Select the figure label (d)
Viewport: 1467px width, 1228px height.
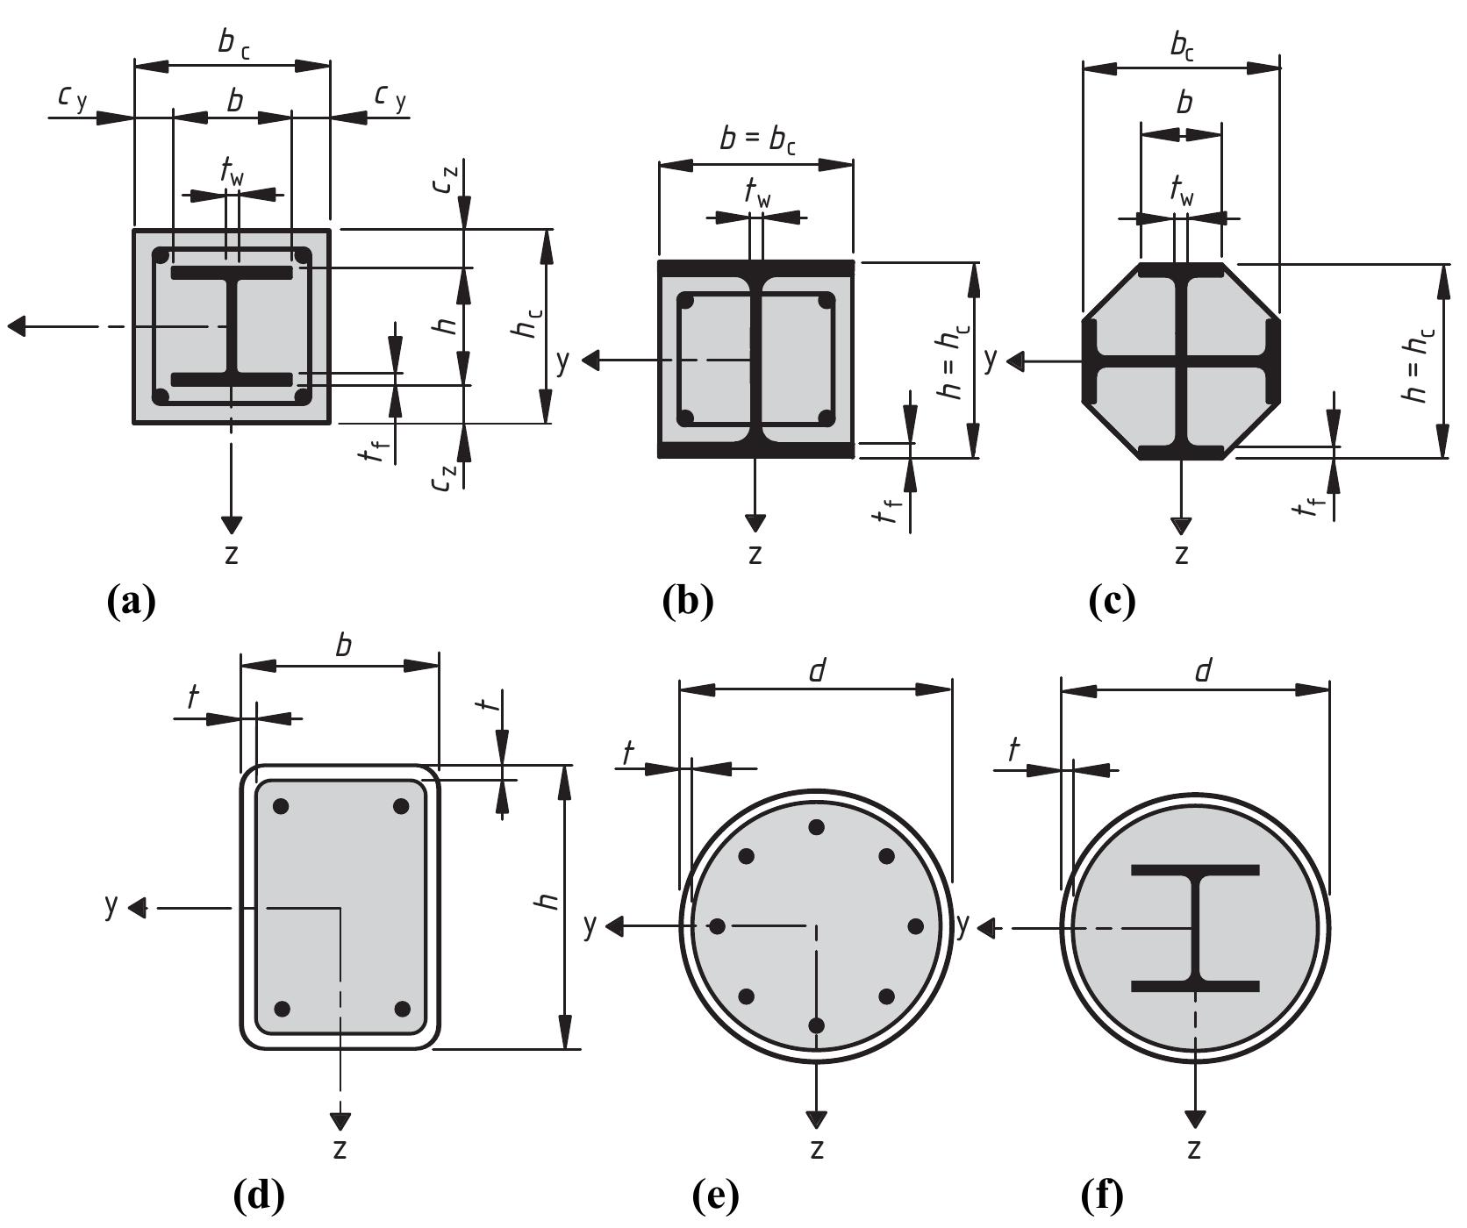(259, 1194)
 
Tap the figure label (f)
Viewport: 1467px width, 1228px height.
(1102, 1194)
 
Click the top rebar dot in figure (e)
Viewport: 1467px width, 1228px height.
(816, 827)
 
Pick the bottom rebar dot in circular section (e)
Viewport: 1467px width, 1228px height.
(816, 1025)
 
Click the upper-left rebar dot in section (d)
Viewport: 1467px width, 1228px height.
(281, 806)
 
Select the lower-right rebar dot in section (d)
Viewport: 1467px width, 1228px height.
(403, 1009)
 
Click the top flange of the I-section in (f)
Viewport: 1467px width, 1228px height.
(1195, 870)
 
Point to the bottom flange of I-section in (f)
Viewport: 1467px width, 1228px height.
(1195, 987)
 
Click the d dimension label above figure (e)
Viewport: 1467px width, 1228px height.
(817, 671)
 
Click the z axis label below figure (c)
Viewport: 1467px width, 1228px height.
(1181, 554)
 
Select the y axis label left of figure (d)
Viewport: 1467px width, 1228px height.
(111, 903)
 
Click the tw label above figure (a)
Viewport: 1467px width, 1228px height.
(232, 171)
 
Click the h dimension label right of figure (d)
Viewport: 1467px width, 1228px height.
(547, 901)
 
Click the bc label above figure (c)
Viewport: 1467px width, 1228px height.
(1182, 46)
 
